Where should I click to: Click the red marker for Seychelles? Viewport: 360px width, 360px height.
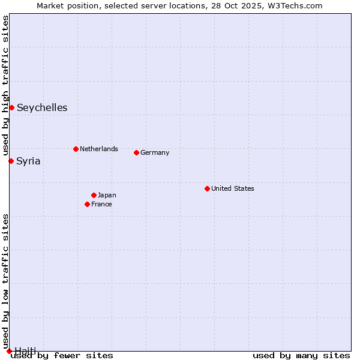pos(11,107)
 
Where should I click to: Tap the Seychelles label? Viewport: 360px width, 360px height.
pos(42,108)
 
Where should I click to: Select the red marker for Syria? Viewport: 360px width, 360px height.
pos(11,161)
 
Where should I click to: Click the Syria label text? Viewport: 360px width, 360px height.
pos(28,161)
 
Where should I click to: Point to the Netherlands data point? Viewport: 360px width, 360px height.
pos(76,149)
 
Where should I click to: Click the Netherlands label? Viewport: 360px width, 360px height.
pos(99,149)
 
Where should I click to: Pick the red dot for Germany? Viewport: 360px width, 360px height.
pos(136,152)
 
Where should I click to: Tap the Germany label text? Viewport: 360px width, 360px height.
pos(155,152)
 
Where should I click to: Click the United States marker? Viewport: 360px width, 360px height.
pos(207,188)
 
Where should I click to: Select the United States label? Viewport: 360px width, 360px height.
pos(233,188)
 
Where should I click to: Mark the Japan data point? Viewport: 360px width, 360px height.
pos(94,195)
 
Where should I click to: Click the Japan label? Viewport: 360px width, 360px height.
pos(107,195)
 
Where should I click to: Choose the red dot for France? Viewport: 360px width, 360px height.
pos(87,204)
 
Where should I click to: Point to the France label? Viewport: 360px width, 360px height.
pos(101,204)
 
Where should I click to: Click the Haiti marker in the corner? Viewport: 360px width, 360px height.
pos(9,351)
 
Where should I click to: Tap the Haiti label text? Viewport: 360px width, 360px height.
pos(25,350)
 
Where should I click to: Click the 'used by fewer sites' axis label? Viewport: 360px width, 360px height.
pos(62,355)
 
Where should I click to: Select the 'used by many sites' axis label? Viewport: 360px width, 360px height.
pos(301,355)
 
